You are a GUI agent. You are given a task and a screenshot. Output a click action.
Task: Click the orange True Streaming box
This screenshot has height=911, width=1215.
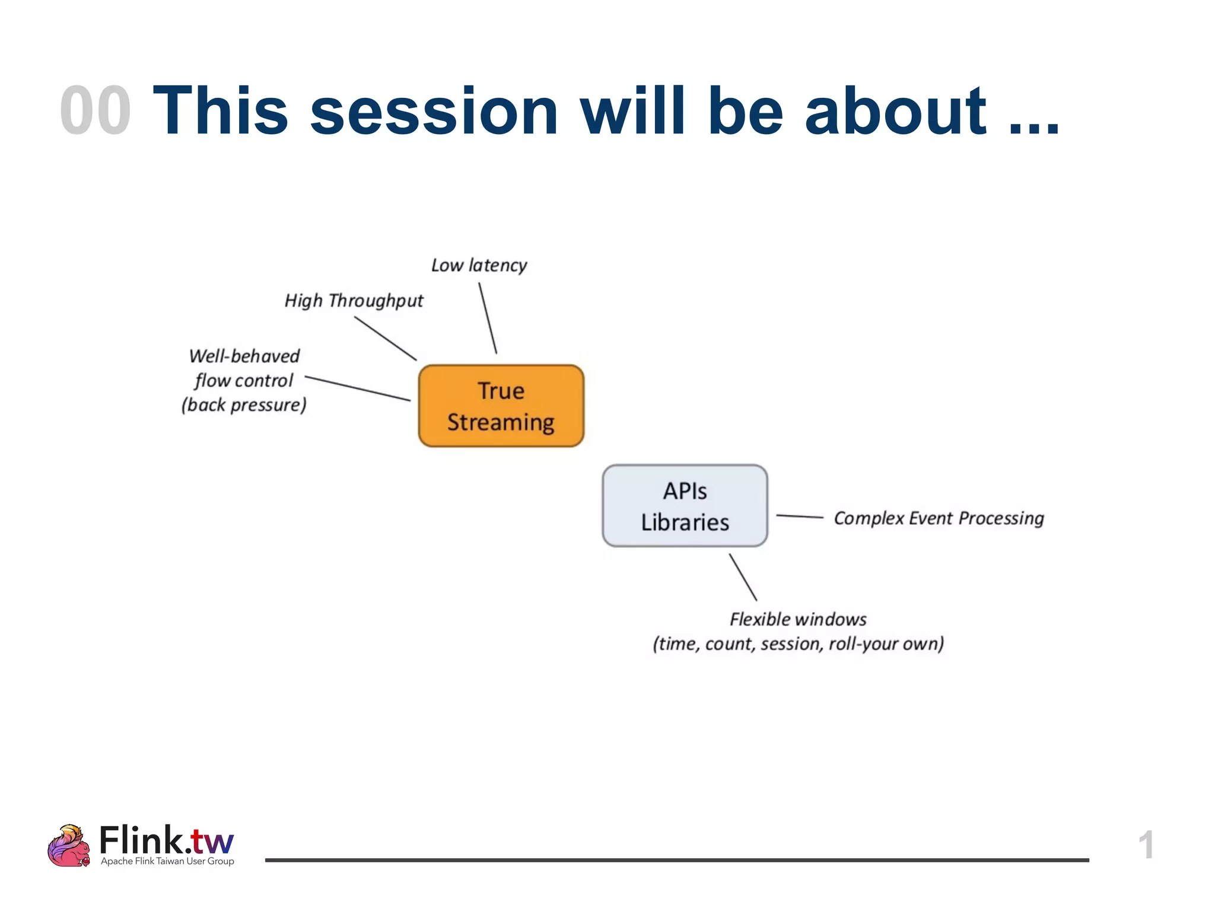(501, 406)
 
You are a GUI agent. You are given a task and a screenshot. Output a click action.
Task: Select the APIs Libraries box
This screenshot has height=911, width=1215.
(685, 506)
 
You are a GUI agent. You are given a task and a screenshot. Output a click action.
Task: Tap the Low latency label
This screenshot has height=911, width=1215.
(479, 265)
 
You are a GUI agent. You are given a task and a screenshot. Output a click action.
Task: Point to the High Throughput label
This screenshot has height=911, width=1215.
(354, 301)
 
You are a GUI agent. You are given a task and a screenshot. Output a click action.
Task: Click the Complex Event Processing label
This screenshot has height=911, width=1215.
(939, 518)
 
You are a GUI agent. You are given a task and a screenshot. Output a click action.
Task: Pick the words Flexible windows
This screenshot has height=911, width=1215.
(798, 619)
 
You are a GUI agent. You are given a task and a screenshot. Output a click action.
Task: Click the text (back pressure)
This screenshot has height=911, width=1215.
(244, 405)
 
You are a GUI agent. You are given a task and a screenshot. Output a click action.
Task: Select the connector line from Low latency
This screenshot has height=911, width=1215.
(488, 318)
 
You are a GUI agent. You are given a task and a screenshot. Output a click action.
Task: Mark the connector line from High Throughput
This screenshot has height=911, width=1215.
(386, 339)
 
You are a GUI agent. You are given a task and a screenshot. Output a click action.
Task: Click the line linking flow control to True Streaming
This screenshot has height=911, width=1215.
(357, 388)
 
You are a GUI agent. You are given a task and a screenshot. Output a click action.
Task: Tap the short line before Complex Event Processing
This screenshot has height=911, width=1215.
(799, 517)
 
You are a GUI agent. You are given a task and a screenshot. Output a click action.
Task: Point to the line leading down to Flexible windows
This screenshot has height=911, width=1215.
(743, 578)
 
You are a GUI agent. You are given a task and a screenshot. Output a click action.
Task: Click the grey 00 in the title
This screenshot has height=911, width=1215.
(95, 111)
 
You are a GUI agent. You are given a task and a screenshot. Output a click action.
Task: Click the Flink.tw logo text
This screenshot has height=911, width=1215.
(166, 840)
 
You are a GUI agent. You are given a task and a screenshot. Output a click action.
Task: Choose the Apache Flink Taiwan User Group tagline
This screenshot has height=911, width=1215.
(167, 861)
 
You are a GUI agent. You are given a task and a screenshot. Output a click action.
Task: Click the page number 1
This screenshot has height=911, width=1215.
(1146, 845)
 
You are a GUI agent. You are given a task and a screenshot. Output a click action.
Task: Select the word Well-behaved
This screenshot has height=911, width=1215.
(244, 356)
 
